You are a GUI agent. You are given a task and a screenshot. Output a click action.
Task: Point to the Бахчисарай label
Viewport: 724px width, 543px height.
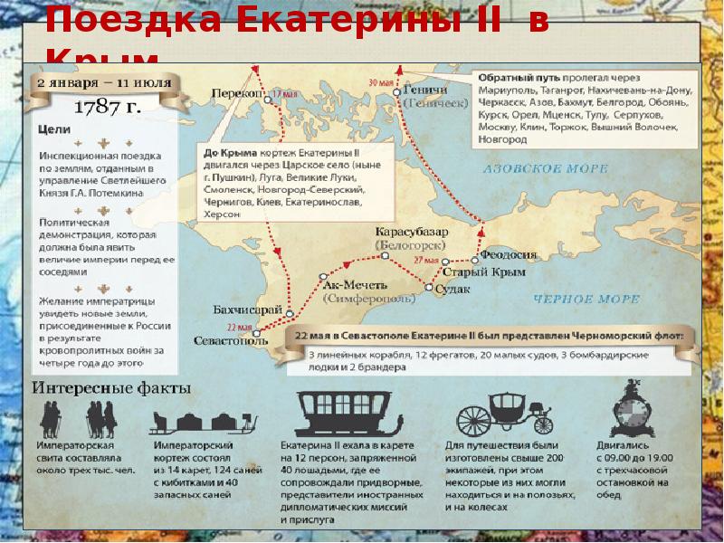pyautogui.click(x=242, y=310)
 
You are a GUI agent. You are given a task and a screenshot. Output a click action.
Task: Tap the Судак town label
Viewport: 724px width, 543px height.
pyautogui.click(x=452, y=289)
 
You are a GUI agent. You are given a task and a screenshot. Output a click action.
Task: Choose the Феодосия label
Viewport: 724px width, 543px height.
pyautogui.click(x=509, y=255)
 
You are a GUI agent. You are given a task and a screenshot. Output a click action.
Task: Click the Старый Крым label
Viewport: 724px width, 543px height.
pyautogui.click(x=472, y=271)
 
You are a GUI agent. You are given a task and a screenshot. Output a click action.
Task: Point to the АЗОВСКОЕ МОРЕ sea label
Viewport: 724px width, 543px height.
pyautogui.click(x=536, y=169)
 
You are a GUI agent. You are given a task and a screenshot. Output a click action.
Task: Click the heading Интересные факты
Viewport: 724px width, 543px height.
pyautogui.click(x=112, y=388)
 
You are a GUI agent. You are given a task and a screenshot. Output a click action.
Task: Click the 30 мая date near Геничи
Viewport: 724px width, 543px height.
pyautogui.click(x=381, y=83)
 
